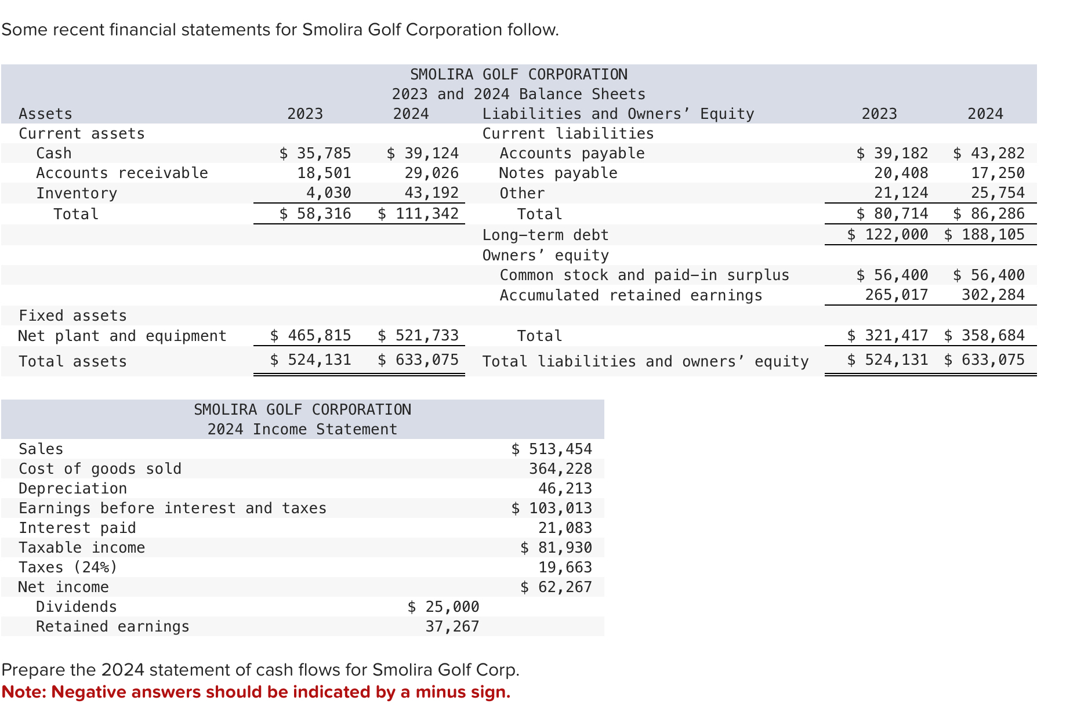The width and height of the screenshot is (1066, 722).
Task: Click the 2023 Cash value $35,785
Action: click(x=315, y=153)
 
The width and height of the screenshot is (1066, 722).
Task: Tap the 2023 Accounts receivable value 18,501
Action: click(x=324, y=173)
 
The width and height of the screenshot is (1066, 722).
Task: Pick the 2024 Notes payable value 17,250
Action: click(x=998, y=173)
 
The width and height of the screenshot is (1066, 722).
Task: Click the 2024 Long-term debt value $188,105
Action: click(x=984, y=234)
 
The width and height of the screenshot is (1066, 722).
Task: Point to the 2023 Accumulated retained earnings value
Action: click(x=896, y=295)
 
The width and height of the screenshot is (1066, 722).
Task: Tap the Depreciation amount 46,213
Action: click(x=565, y=488)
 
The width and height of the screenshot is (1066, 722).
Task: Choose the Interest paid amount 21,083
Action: click(x=565, y=528)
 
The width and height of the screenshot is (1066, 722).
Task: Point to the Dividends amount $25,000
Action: click(x=443, y=607)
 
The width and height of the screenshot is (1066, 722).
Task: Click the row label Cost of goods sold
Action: click(x=100, y=469)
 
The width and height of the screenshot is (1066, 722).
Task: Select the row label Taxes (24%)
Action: click(x=68, y=567)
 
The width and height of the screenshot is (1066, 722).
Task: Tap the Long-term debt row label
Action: click(x=545, y=235)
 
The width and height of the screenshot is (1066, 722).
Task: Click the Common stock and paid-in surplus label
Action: click(x=644, y=275)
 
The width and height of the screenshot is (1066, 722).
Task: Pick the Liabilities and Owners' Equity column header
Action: click(x=618, y=114)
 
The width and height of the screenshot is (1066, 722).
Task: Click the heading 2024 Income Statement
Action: click(x=302, y=429)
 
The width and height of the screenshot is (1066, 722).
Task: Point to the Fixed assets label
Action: click(x=72, y=315)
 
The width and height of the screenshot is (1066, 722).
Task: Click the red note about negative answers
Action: click(x=256, y=692)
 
